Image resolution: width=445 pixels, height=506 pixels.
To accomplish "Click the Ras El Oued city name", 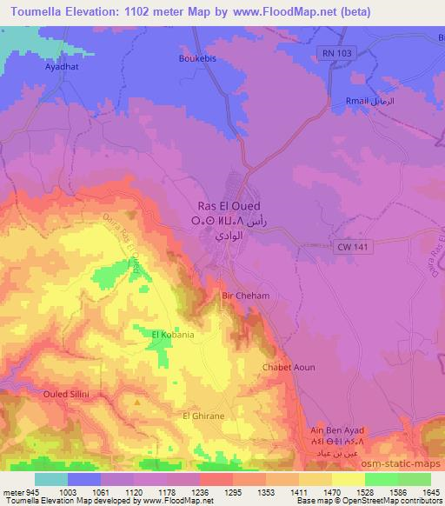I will point(230,206).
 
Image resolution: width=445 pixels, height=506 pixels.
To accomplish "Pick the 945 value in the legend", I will point(30,491).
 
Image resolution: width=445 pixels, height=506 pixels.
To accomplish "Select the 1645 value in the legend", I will point(431,491).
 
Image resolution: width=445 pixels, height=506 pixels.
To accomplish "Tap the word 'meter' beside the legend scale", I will point(11,491).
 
